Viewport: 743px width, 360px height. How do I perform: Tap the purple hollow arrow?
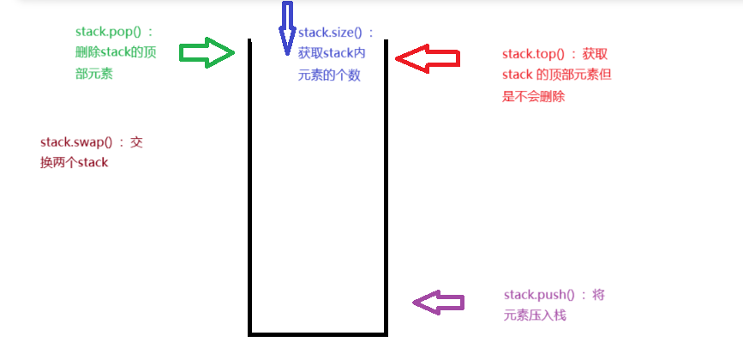(439, 302)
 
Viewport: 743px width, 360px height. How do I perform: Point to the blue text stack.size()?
(330, 33)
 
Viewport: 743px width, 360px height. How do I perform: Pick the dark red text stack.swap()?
(76, 141)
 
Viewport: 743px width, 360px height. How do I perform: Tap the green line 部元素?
(94, 75)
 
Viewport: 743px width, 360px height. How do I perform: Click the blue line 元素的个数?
(323, 75)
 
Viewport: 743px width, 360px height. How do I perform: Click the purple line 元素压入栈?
(535, 315)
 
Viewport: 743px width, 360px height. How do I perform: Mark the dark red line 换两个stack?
(75, 162)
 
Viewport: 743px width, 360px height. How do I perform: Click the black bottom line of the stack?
(318, 333)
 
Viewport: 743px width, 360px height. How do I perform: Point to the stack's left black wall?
(250, 189)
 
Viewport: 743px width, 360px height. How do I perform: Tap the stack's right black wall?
(386, 189)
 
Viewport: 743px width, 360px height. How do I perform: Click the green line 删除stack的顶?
(114, 53)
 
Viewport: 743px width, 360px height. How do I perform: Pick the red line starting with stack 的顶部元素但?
(557, 75)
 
